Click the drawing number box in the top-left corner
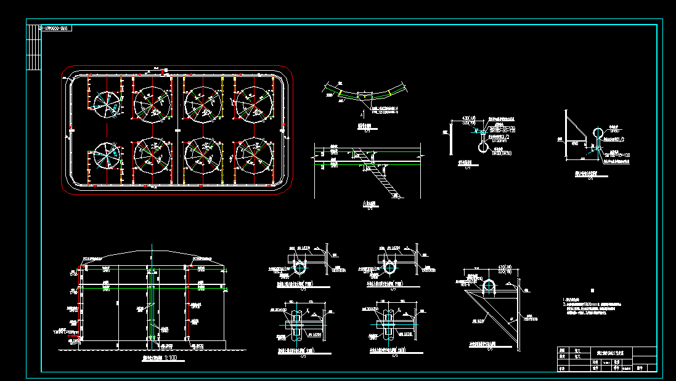[56, 28]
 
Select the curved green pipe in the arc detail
[367, 95]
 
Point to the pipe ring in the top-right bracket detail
[598, 134]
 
